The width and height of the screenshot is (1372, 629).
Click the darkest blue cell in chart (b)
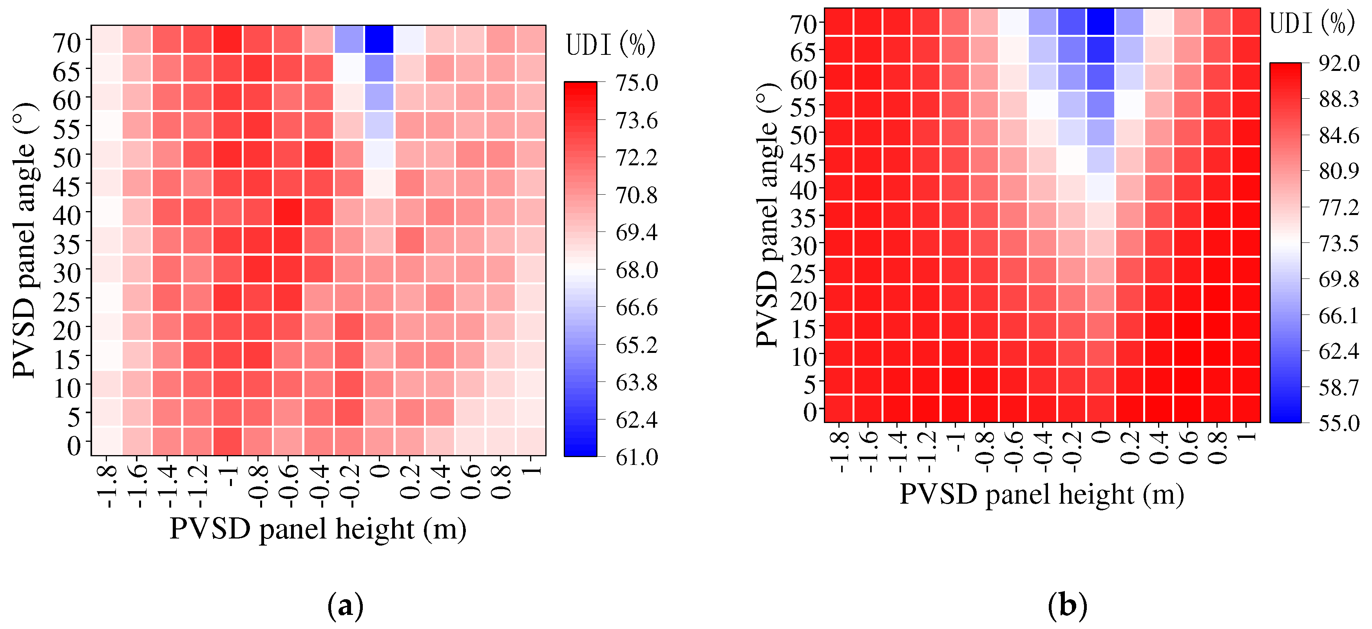click(1100, 22)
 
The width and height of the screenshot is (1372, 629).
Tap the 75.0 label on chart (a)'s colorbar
click(637, 83)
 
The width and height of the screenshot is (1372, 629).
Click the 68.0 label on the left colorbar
click(637, 270)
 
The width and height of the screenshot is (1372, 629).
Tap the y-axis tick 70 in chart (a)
click(67, 43)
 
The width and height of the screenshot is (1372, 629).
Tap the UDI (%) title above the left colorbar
click(610, 45)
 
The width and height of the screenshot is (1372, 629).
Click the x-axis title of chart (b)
click(1042, 494)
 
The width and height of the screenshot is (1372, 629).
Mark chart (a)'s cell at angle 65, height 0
click(379, 68)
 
